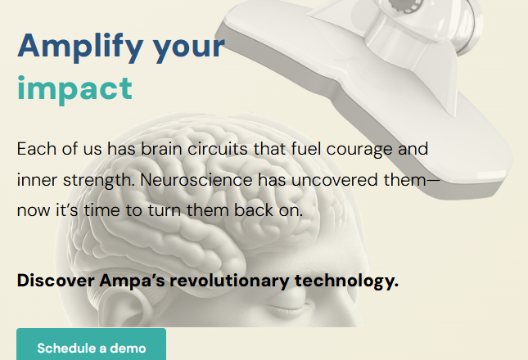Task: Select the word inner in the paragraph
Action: coord(34,178)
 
